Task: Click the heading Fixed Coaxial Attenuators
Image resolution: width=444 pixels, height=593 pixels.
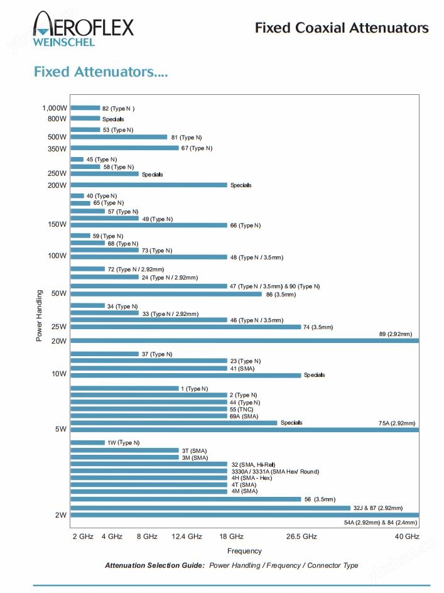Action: [342, 28]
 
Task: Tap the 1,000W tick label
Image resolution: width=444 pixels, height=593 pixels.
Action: [55, 108]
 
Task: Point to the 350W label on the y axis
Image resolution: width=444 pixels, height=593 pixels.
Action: [57, 149]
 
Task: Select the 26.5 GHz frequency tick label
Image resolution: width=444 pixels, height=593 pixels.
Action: [301, 536]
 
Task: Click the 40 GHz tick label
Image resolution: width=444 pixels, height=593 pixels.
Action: [407, 536]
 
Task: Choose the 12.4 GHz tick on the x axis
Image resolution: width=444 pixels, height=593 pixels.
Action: [187, 536]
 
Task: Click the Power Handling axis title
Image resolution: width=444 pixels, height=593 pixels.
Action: [39, 315]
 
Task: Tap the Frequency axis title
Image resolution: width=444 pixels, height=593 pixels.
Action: [244, 551]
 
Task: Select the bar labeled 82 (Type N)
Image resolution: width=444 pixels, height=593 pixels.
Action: [85, 108]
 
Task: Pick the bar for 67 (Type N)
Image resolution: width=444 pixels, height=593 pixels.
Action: [124, 148]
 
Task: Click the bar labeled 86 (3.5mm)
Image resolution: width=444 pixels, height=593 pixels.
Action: [166, 293]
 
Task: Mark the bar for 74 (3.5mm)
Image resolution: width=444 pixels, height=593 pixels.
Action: [185, 327]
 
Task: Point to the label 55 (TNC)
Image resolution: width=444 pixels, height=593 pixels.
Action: [241, 409]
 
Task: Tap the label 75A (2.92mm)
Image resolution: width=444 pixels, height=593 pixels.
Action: [396, 423]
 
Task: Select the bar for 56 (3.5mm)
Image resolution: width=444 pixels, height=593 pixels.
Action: [185, 499]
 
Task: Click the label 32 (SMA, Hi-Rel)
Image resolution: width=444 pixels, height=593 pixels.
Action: [253, 464]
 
